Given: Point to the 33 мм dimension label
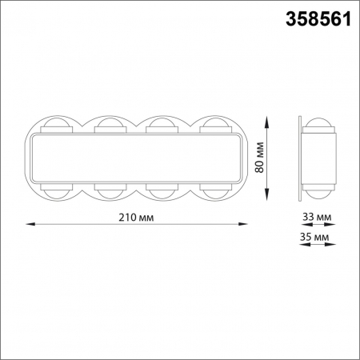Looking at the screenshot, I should tap(317, 217).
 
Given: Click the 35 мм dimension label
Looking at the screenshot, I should tap(317, 238).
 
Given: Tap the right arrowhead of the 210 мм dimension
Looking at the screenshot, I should tap(243, 226).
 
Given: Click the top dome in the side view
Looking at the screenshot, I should tap(319, 125).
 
